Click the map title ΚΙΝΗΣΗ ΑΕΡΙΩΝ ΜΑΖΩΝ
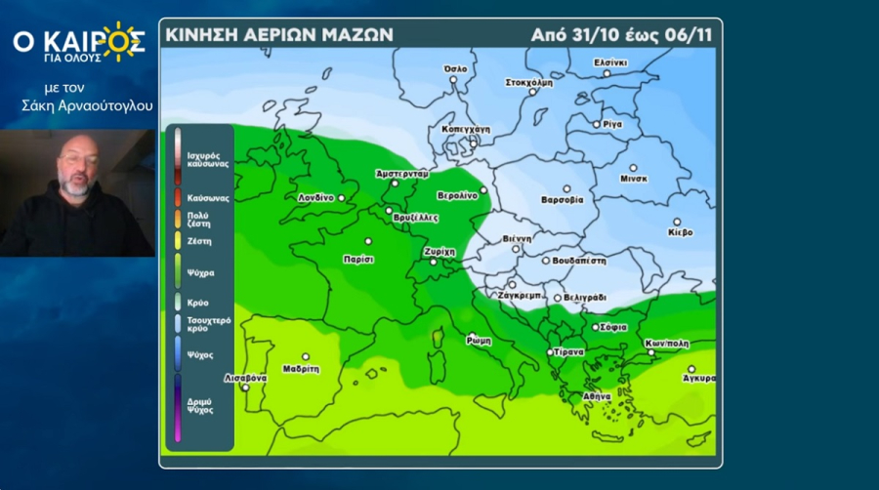pos(279,34)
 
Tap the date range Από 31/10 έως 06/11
pos(621,34)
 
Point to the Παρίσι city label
pos(359,259)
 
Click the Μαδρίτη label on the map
pos(301,369)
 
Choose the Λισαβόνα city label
pos(245,377)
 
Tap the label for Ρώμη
pos(479,342)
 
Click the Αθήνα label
pos(596,396)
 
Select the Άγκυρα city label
pos(699,378)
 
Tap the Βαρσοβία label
pos(562,200)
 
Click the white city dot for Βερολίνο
pos(483,190)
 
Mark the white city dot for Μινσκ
pos(633,168)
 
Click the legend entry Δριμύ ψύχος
pos(199,405)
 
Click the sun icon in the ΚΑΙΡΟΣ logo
pos(121,40)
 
